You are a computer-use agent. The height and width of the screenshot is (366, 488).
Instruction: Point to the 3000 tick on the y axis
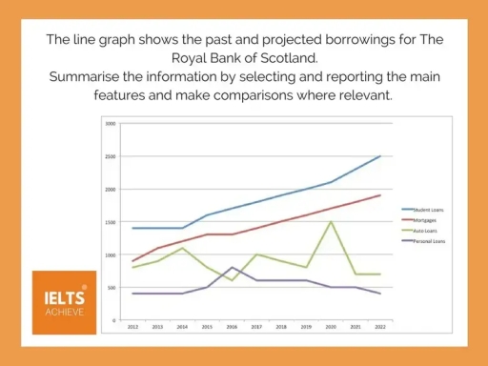(111, 124)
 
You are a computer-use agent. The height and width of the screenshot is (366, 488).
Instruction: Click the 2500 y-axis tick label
(111, 156)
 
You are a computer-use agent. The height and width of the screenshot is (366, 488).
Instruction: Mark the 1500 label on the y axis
(111, 222)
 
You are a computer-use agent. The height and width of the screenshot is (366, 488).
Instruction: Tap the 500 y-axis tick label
(112, 288)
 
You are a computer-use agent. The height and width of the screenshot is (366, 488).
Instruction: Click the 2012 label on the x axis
(132, 326)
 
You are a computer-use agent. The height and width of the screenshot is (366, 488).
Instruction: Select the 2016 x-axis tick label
(232, 326)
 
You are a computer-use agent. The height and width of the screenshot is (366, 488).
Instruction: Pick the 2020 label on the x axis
(331, 326)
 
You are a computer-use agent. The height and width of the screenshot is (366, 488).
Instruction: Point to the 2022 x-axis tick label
(380, 326)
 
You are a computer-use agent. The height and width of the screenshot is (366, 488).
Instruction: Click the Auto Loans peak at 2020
(331, 222)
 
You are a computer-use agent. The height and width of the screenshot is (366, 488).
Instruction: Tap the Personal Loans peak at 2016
(232, 268)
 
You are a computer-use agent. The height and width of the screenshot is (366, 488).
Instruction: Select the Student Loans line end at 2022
(380, 156)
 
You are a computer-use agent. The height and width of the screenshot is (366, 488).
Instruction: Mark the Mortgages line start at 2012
(132, 261)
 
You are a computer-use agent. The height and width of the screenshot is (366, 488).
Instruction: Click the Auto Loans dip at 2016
(232, 280)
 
